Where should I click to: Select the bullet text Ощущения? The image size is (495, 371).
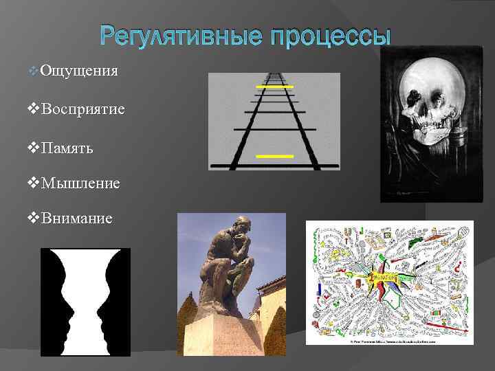pyautogui.click(x=79, y=71)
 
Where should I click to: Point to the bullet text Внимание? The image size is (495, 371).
pyautogui.click(x=77, y=218)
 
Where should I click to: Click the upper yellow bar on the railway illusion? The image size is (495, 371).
pyautogui.click(x=274, y=87)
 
